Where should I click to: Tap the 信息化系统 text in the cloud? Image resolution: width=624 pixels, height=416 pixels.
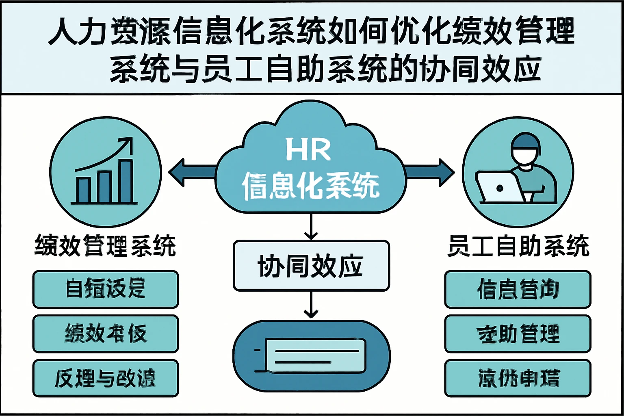[310, 186]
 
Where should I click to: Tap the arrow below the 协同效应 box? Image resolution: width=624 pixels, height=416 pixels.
[311, 305]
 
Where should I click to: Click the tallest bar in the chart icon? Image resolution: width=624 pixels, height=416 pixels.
[126, 182]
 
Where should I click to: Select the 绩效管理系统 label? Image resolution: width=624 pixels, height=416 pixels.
[105, 246]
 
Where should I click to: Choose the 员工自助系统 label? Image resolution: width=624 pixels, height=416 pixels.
[518, 246]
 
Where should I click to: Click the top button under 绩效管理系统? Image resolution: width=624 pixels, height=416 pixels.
[106, 289]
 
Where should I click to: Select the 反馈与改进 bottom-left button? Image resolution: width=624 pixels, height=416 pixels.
[106, 378]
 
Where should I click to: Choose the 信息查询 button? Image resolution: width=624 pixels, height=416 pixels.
[518, 289]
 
